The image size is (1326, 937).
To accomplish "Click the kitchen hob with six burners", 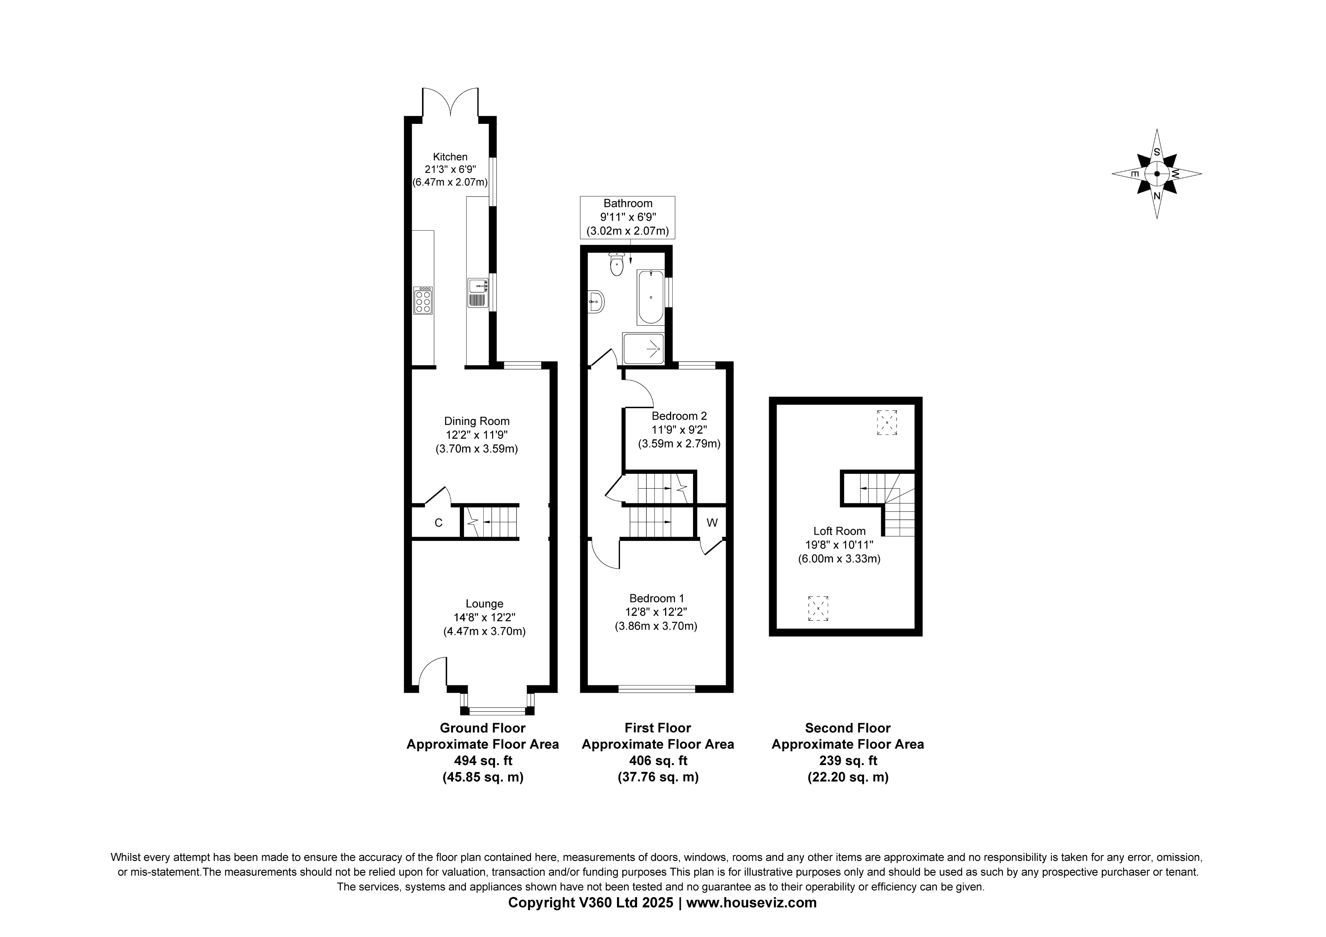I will pos(423,300).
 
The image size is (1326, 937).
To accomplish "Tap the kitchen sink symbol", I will pos(477,292).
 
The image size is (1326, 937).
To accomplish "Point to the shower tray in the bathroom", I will pos(643,348).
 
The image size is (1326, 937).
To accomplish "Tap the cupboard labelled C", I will pos(438,523).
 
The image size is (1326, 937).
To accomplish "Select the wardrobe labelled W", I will pos(712,523).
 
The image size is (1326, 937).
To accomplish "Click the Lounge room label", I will pos(484,604).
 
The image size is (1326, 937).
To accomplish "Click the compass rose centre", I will pos(1156,174).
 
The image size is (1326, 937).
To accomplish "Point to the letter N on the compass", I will pos(1156,196).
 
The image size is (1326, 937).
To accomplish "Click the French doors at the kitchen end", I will pos(450,102).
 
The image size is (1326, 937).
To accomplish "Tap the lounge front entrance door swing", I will pos(432,672).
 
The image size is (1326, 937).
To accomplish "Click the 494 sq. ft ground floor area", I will pos(483,760).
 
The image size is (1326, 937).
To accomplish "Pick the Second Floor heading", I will pos(847,728).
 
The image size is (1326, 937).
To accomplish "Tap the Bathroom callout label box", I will pos(627,217).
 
